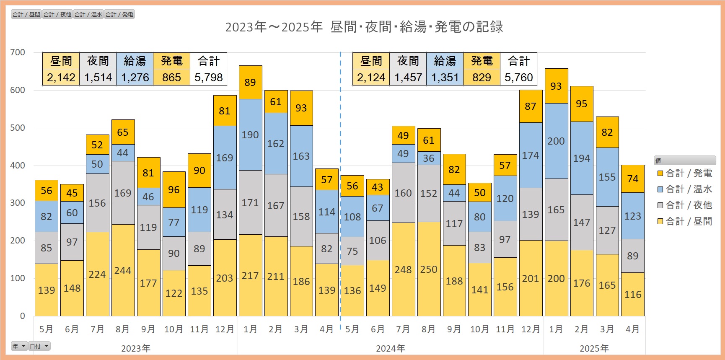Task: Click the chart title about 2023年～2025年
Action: [x=364, y=27]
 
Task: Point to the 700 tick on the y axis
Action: [x=18, y=52]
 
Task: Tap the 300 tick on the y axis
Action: [x=18, y=203]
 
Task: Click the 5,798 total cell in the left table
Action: [x=208, y=78]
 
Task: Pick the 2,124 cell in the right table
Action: [x=371, y=78]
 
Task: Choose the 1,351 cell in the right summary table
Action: [x=445, y=78]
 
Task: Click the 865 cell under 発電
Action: [x=171, y=78]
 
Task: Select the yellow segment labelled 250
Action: [x=429, y=269]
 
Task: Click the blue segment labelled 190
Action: [x=250, y=135]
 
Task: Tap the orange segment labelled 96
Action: [x=174, y=189]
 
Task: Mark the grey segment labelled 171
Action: [x=250, y=202]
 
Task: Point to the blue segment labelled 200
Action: [x=556, y=141]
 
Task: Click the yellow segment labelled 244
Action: [x=123, y=270]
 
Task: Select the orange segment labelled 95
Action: [x=582, y=104]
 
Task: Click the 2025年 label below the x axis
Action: [x=594, y=348]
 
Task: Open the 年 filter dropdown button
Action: [x=19, y=346]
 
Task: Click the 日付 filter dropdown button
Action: [x=39, y=346]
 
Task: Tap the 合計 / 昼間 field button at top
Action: [x=26, y=15]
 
